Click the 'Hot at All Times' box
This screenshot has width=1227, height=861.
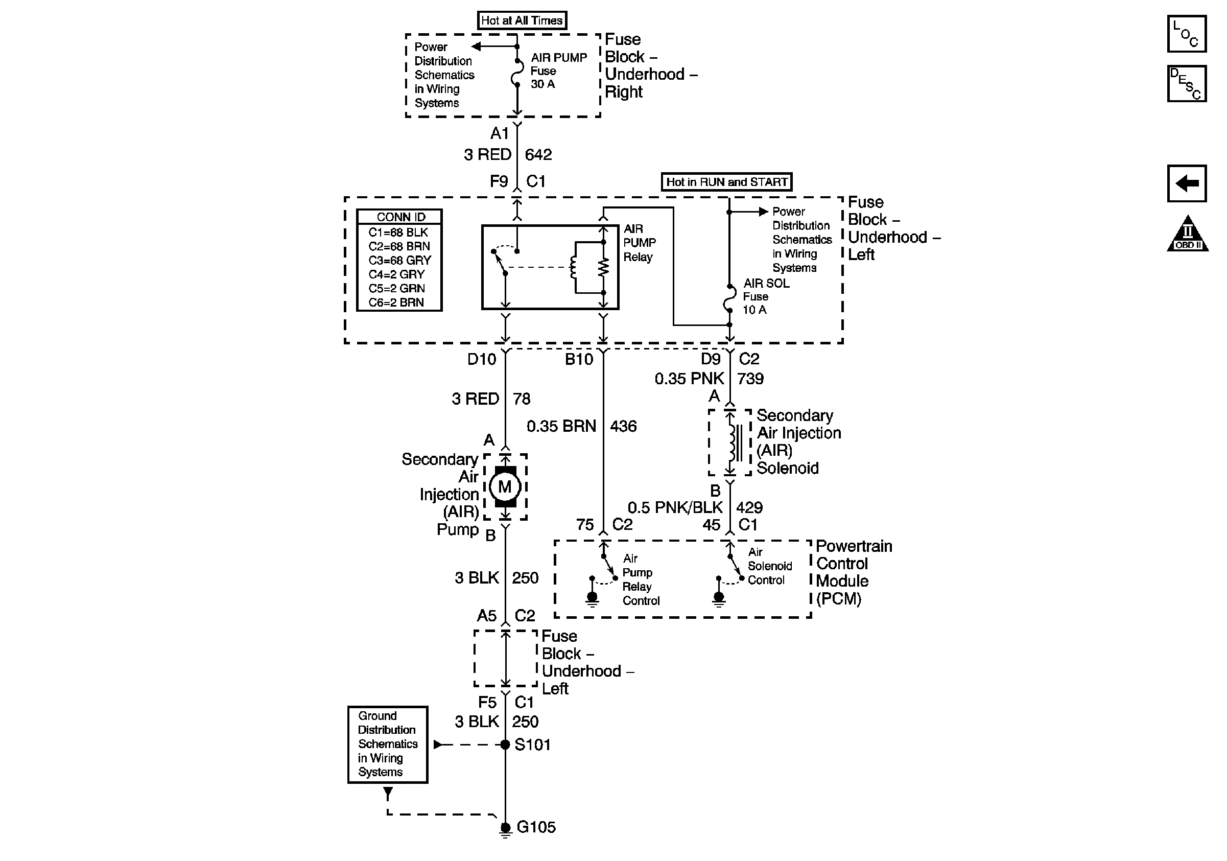point(522,20)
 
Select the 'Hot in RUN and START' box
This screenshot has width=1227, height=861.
point(726,182)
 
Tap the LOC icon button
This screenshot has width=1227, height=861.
point(1186,34)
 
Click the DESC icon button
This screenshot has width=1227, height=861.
point(1186,83)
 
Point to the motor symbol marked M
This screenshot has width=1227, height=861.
point(505,487)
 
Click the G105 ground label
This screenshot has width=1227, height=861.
point(536,827)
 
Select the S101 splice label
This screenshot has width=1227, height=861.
point(532,744)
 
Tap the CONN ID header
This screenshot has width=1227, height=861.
point(400,217)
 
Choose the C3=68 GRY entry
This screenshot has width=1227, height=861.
point(399,260)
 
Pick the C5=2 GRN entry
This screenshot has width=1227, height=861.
point(396,288)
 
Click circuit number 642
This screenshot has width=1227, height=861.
point(538,154)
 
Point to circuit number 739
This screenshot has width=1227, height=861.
point(750,379)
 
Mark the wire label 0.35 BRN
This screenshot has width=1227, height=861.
point(561,426)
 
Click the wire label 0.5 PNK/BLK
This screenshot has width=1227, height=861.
point(675,507)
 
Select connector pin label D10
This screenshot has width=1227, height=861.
point(482,359)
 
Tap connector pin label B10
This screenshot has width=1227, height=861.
point(579,359)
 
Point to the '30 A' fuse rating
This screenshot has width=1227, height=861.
point(542,84)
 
